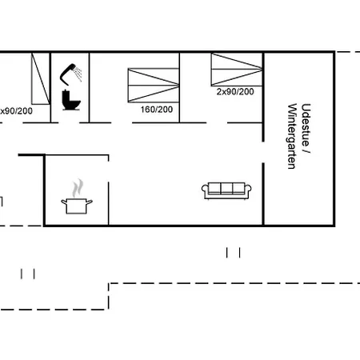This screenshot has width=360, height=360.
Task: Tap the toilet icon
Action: pyautogui.click(x=71, y=100)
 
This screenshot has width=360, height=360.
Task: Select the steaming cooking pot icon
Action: pyautogui.click(x=77, y=197)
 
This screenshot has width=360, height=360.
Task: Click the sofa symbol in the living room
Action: pyautogui.click(x=226, y=190)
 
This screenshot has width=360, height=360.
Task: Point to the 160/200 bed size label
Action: pyautogui.click(x=157, y=110)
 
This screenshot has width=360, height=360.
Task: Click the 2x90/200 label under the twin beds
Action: pyautogui.click(x=235, y=92)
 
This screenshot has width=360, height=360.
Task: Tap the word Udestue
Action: pyautogui.click(x=306, y=125)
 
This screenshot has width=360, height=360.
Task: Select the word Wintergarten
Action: pyautogui.click(x=292, y=136)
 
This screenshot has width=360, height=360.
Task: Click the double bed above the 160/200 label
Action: pyautogui.click(x=154, y=86)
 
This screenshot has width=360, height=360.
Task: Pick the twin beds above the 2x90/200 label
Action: pyautogui.click(x=237, y=70)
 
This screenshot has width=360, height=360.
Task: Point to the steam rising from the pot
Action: pyautogui.click(x=78, y=188)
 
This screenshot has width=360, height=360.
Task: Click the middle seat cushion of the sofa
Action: pyautogui.click(x=226, y=188)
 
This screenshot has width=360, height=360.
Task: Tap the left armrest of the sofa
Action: pyautogui.click(x=205, y=190)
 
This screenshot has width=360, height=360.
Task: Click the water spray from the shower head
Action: pyautogui.click(x=78, y=74)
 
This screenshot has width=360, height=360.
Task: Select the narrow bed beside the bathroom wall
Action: pyautogui.click(x=41, y=78)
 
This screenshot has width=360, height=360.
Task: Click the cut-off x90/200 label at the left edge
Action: pyautogui.click(x=16, y=111)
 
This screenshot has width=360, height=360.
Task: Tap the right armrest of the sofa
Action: pyautogui.click(x=248, y=190)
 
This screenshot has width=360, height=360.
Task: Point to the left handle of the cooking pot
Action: pyautogui.click(x=64, y=202)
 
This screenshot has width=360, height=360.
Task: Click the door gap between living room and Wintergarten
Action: pyautogui.click(x=263, y=152)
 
